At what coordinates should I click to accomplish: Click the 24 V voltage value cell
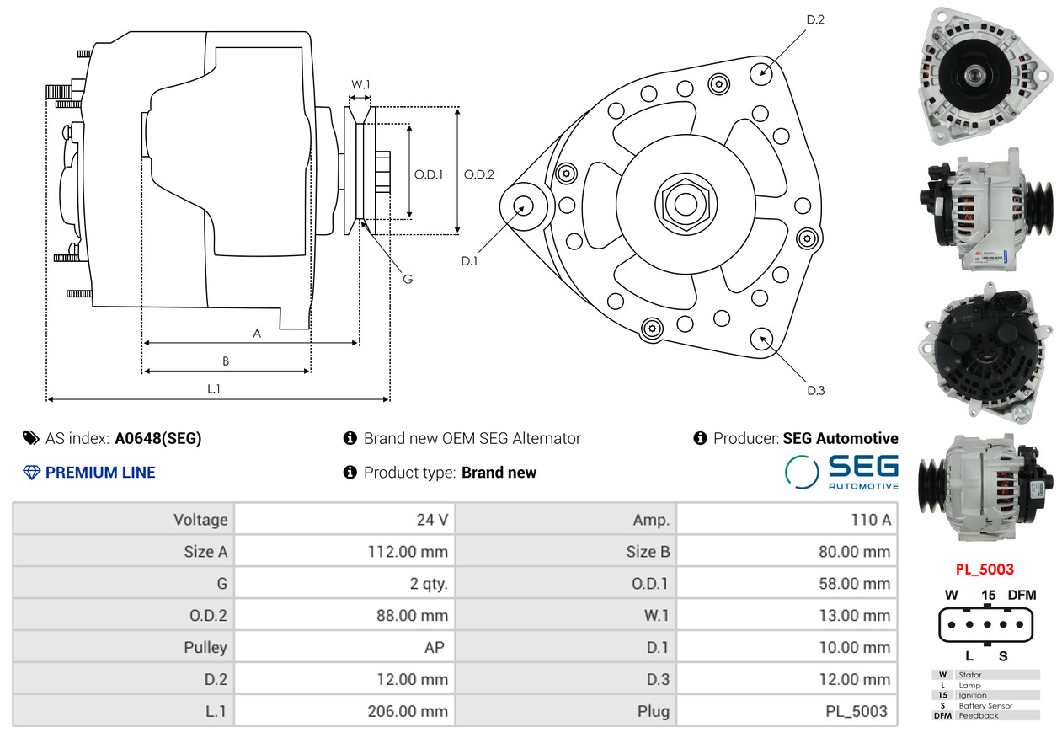click(x=432, y=519)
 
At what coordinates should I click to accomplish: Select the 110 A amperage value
click(x=871, y=519)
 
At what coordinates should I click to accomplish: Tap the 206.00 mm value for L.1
click(x=408, y=711)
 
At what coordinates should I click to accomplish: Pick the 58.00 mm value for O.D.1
click(x=854, y=583)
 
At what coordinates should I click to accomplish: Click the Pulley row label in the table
click(x=205, y=647)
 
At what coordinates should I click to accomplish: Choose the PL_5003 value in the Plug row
click(x=857, y=711)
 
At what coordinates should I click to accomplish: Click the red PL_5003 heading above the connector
click(x=985, y=570)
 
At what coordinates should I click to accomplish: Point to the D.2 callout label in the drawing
click(x=815, y=19)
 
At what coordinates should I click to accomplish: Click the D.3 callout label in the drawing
click(x=816, y=390)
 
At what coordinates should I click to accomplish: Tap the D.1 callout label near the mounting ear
click(x=469, y=261)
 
